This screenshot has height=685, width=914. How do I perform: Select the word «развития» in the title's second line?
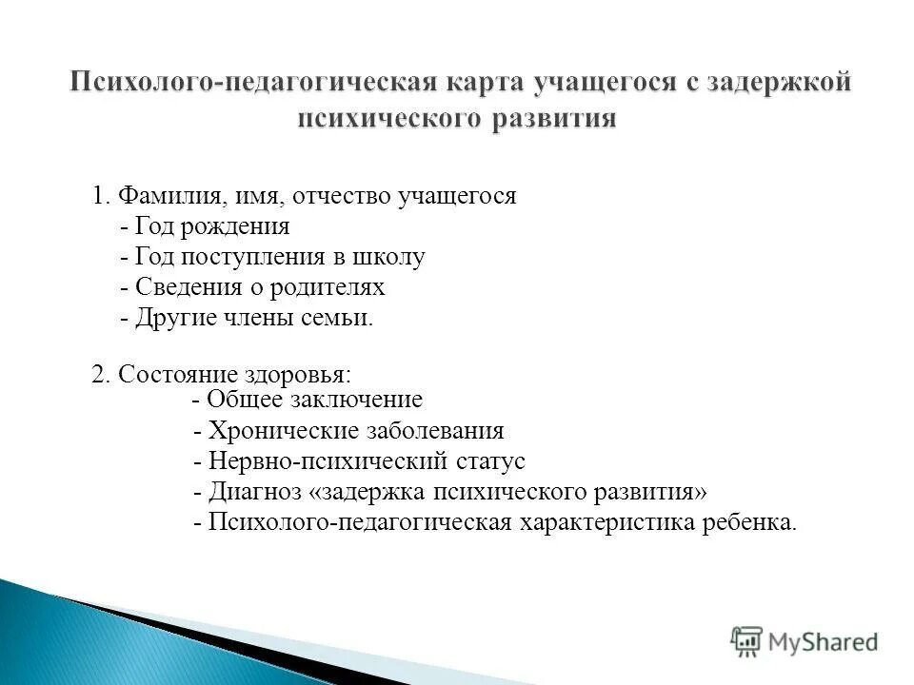(x=558, y=119)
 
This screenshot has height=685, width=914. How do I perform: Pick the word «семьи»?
(x=342, y=317)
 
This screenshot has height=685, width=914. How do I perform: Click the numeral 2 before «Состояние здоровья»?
(x=97, y=374)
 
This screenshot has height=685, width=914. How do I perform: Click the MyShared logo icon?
(x=746, y=641)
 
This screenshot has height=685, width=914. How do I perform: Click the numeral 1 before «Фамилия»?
(x=97, y=197)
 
